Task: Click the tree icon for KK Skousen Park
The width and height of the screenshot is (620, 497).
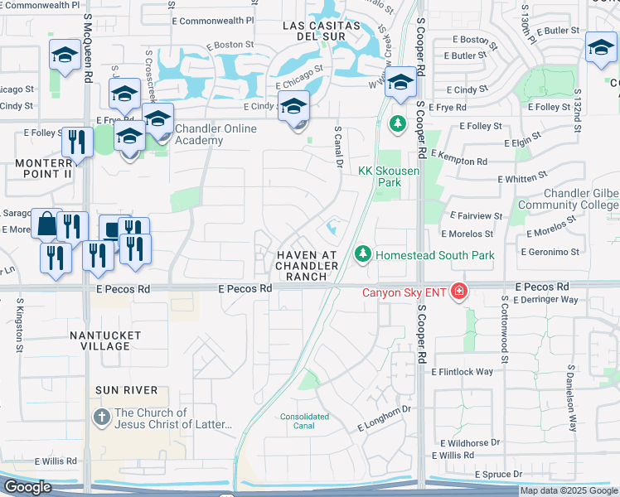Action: click(x=398, y=124)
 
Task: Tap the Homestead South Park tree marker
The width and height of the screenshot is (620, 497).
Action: click(x=362, y=254)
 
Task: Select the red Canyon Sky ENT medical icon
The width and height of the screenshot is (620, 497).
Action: click(x=458, y=292)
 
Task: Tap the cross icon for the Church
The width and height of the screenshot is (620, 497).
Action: click(x=101, y=417)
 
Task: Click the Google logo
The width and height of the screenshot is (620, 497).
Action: click(x=27, y=487)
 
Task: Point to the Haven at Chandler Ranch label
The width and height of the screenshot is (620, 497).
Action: click(x=307, y=265)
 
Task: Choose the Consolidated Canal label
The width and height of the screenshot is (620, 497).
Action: click(x=304, y=422)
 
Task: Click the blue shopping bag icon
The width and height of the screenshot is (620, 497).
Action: click(x=46, y=224)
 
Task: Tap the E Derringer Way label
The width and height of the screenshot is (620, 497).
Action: click(x=545, y=300)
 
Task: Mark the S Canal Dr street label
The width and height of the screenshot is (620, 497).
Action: click(x=339, y=147)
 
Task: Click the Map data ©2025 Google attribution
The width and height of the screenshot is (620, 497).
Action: click(x=569, y=490)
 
